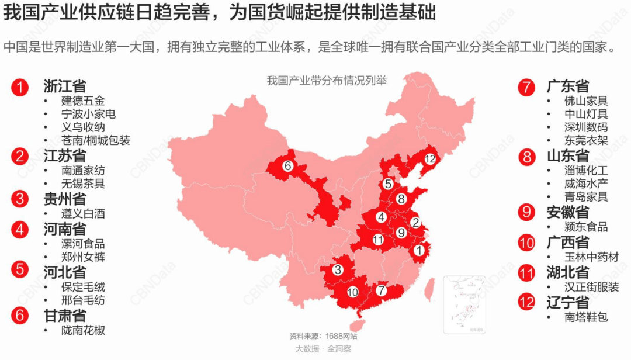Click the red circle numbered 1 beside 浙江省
click(x=20, y=88)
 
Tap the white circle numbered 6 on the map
click(x=287, y=166)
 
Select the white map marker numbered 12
click(x=431, y=158)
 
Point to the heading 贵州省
click(x=64, y=198)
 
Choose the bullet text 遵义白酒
click(x=83, y=214)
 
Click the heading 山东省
click(x=568, y=156)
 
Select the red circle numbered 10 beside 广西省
click(x=527, y=242)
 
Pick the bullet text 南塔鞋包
click(x=585, y=317)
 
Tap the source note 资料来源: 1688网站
click(x=323, y=336)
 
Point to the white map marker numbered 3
click(x=338, y=270)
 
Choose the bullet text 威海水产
click(x=585, y=184)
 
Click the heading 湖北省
click(x=568, y=272)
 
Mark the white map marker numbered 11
click(x=378, y=240)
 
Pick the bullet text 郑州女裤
click(x=83, y=257)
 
